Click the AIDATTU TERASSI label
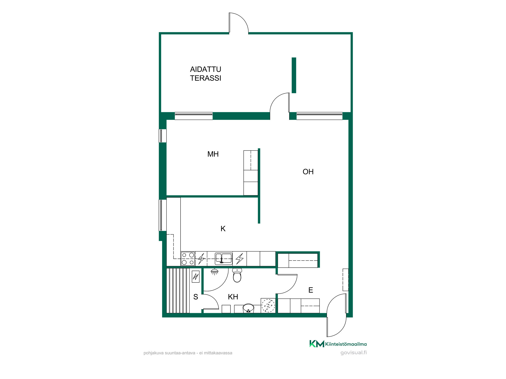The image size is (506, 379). [205, 74]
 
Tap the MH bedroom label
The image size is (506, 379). [213, 154]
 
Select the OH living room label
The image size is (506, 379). [308, 172]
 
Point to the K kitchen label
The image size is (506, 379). [223, 229]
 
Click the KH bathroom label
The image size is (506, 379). [233, 297]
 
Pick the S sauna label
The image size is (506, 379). [196, 297]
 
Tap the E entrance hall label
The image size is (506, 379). [311, 290]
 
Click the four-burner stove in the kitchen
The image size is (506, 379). [188, 259]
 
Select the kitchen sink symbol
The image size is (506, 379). [223, 258]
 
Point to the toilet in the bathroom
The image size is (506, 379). [237, 275]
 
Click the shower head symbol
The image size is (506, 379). [215, 272]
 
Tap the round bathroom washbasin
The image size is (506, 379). [248, 308]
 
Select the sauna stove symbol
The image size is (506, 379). [196, 276]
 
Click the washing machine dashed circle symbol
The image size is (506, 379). [268, 305]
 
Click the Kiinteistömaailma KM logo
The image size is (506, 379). [338, 344]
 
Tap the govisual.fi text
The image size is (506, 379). [353, 353]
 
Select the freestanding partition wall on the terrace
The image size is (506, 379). [294, 75]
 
